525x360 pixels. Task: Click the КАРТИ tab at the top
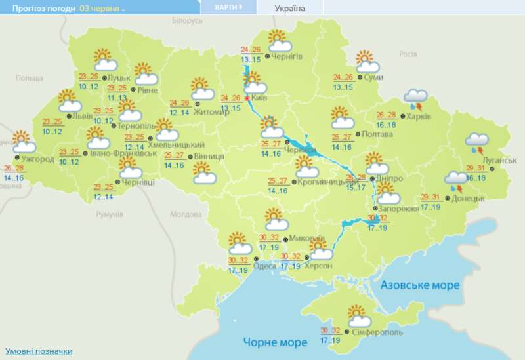[x=228, y=7]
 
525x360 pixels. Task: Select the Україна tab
[x=289, y=8]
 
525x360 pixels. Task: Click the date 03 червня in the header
[x=102, y=8]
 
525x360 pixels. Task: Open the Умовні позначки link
[x=39, y=351]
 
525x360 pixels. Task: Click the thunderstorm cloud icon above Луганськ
[x=476, y=142]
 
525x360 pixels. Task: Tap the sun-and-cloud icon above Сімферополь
[x=358, y=317]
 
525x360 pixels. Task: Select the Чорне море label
[x=275, y=342]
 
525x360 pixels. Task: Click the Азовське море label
[x=420, y=286]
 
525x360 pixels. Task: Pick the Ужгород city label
[x=37, y=159]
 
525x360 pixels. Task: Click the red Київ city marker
[x=247, y=98]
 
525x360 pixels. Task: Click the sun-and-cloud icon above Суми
[x=367, y=62]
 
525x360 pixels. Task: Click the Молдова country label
[x=185, y=214]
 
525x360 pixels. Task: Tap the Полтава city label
[x=377, y=134]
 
